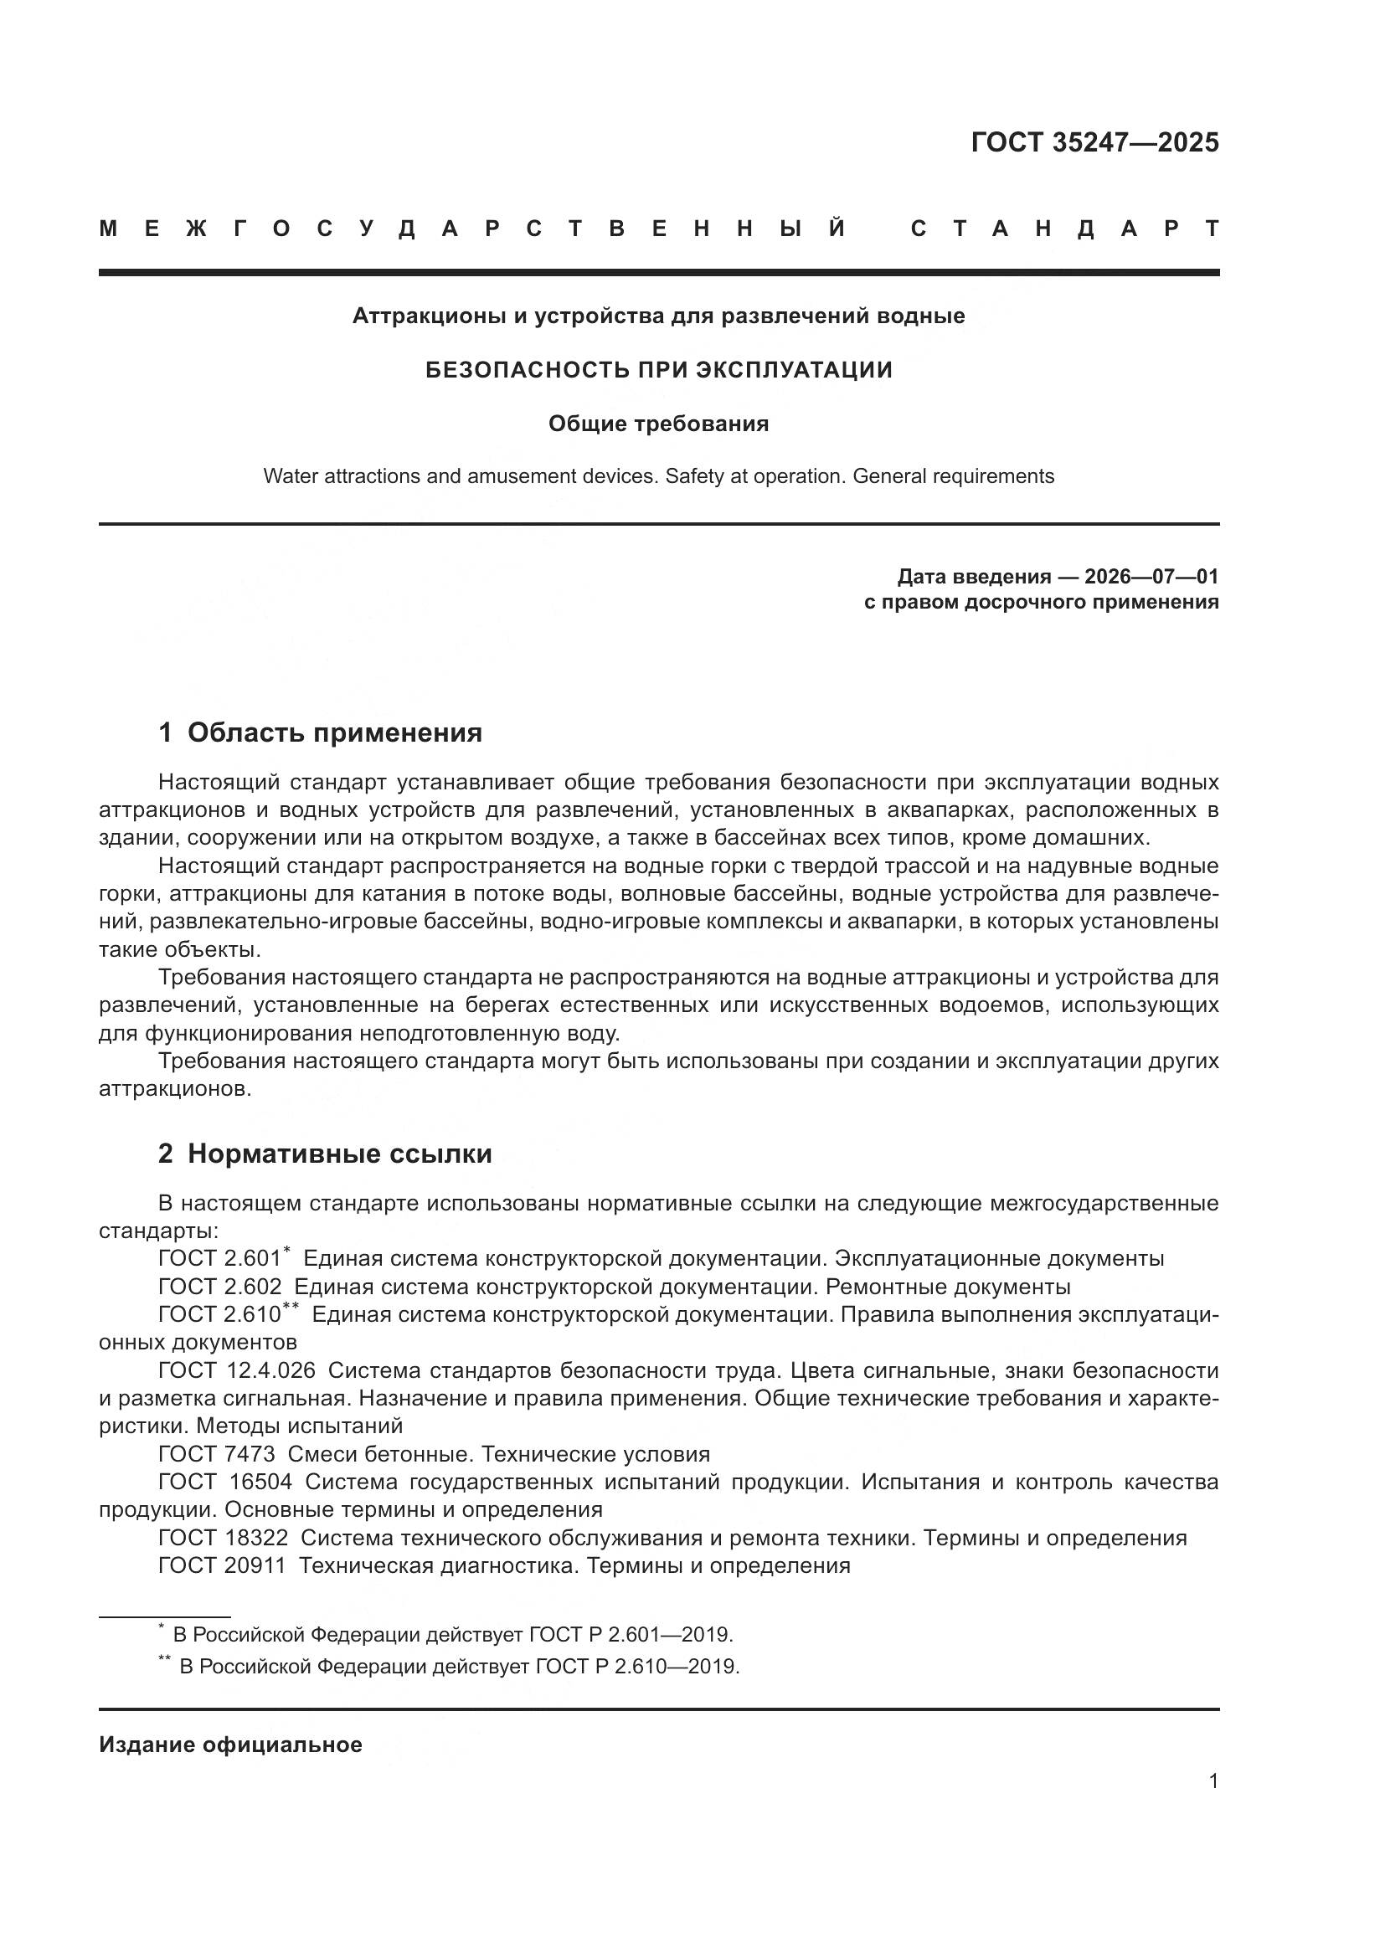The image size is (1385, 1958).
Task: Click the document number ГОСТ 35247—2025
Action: [x=1094, y=142]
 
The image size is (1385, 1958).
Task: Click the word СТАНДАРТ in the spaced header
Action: [x=1065, y=229]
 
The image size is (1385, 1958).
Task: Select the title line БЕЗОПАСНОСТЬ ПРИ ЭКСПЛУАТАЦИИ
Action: [x=658, y=369]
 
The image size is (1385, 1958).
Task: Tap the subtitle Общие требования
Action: [x=658, y=424]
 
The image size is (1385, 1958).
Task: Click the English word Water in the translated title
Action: [x=287, y=475]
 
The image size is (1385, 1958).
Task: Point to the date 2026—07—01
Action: [x=1151, y=577]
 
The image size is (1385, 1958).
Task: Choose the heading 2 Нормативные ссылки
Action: [x=325, y=1153]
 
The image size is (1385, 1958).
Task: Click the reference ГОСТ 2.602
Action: [x=219, y=1286]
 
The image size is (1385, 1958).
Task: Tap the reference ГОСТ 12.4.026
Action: [x=236, y=1370]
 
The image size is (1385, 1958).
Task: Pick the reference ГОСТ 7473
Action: [x=217, y=1454]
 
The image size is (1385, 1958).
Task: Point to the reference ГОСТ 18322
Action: [x=223, y=1538]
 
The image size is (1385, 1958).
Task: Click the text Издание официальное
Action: [x=230, y=1745]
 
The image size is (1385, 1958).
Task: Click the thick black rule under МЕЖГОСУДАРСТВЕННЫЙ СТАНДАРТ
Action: [x=658, y=273]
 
